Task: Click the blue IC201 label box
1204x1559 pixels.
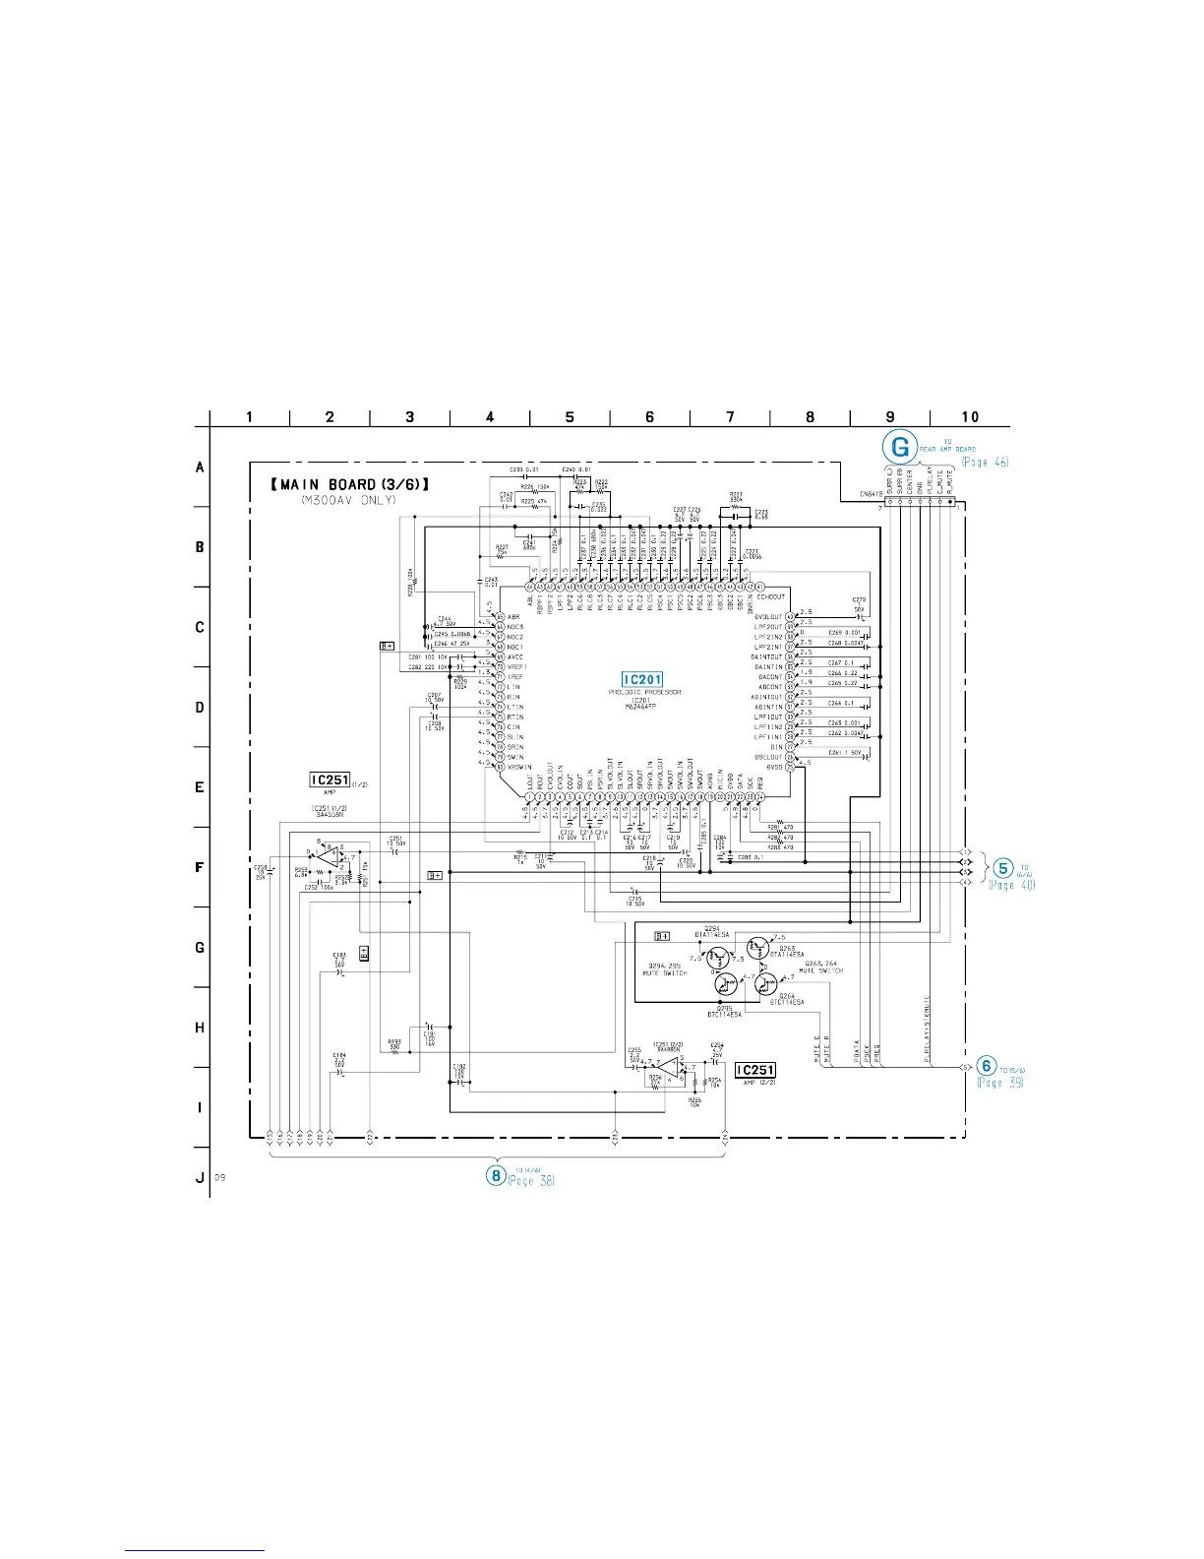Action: pos(642,679)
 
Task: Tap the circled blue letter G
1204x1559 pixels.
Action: pos(900,447)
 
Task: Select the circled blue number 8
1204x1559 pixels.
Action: pos(497,1174)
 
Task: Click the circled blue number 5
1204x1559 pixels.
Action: pos(1002,868)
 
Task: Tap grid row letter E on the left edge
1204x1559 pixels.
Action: pos(200,787)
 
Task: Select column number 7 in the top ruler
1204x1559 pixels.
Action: pos(730,417)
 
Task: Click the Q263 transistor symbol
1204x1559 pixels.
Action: pos(757,948)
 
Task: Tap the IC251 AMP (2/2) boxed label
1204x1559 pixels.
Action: pos(755,1070)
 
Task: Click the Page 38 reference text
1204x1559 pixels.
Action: pos(531,1180)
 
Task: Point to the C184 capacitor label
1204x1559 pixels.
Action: pos(338,1057)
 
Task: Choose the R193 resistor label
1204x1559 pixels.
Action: pos(394,1041)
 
